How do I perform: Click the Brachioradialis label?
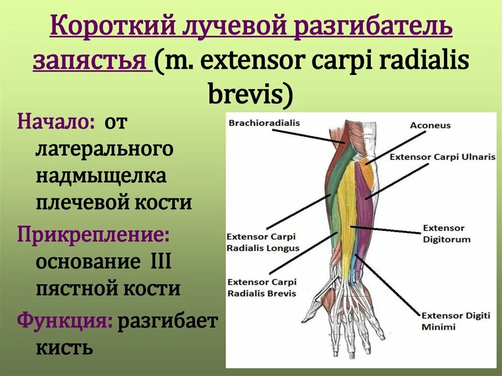tap(264, 123)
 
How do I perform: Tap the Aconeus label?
tap(430, 125)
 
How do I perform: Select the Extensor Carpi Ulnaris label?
tap(443, 157)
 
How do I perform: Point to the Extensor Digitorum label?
tap(446, 233)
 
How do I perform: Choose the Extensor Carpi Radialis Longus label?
tap(262, 242)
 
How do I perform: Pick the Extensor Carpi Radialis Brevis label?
tap(262, 287)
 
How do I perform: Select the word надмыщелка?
tap(101, 175)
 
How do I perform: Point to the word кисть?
tap(64, 348)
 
